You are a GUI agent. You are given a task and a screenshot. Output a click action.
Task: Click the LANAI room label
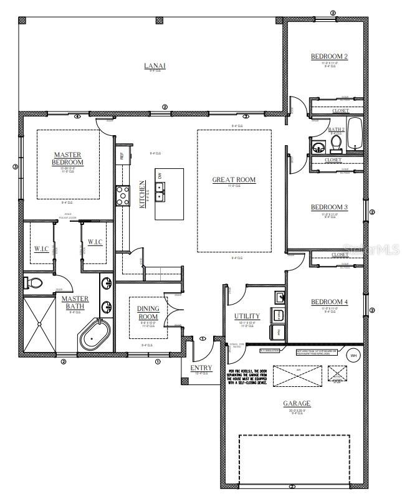[x=155, y=65]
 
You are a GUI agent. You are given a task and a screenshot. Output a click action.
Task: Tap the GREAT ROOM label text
[x=234, y=180]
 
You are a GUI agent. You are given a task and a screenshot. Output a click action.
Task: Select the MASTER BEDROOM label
[x=68, y=158]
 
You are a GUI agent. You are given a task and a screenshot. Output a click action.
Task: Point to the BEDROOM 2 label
[x=329, y=57]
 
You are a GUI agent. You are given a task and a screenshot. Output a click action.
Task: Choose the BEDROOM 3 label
[x=329, y=207]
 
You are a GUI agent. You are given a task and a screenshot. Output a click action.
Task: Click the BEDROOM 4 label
[x=329, y=303]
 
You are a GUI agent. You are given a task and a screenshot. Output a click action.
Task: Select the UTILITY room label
[x=247, y=316]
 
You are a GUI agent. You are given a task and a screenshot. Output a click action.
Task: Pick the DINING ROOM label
[x=148, y=312]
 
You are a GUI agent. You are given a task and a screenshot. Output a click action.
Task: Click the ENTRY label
[x=201, y=368]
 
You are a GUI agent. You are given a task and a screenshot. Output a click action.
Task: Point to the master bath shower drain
[x=41, y=324]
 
